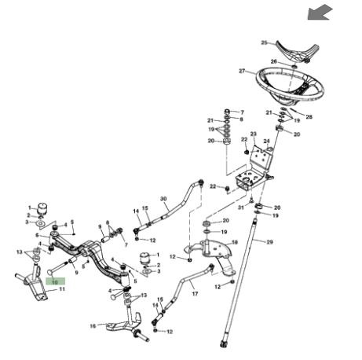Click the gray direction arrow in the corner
coord(320,12)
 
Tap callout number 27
coord(242,71)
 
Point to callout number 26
coord(273,61)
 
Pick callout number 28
coord(309,116)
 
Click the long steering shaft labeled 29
coord(239,281)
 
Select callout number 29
coord(269,242)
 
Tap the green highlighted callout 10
coord(55,282)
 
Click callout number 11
coord(62,289)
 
